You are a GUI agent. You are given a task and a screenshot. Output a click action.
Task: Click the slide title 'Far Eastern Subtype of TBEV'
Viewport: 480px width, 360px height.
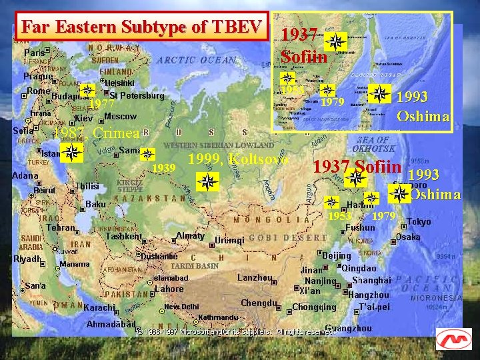141,27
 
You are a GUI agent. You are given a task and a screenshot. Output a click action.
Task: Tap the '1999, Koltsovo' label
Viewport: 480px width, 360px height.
238,159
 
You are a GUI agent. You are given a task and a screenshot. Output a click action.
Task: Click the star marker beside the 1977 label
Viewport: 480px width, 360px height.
86,91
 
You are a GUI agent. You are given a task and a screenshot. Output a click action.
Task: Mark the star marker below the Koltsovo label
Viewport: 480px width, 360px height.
208,181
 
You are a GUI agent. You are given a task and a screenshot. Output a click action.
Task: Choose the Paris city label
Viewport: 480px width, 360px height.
34,53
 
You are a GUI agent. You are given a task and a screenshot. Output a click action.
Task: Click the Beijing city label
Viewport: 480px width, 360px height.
336,255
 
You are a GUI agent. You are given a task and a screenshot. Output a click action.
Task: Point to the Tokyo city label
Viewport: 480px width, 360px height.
419,221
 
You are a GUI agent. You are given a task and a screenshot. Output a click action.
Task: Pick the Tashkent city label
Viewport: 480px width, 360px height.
123,236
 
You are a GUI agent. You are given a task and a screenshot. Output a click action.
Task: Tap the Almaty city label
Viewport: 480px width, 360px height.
189,235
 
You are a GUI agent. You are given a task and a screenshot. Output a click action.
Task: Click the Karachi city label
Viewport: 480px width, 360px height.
99,308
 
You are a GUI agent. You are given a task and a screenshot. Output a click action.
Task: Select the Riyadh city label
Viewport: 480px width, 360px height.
27,259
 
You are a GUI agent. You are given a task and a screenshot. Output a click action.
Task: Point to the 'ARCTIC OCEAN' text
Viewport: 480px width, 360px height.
197,60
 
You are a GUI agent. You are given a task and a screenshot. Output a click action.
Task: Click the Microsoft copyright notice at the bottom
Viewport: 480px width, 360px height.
237,331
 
